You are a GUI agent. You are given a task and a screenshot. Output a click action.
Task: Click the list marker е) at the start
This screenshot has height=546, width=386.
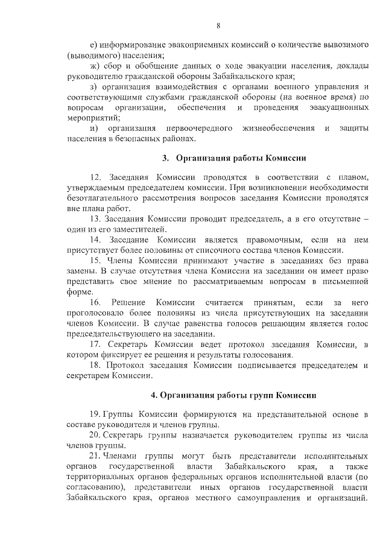tap(92, 45)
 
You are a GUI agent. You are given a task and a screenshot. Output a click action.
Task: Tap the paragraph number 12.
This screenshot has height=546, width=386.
tap(95, 177)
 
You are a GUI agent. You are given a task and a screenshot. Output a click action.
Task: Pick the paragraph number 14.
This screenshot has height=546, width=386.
tap(95, 240)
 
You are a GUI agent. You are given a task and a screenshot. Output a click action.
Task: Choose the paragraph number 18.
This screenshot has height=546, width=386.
tap(95, 365)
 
